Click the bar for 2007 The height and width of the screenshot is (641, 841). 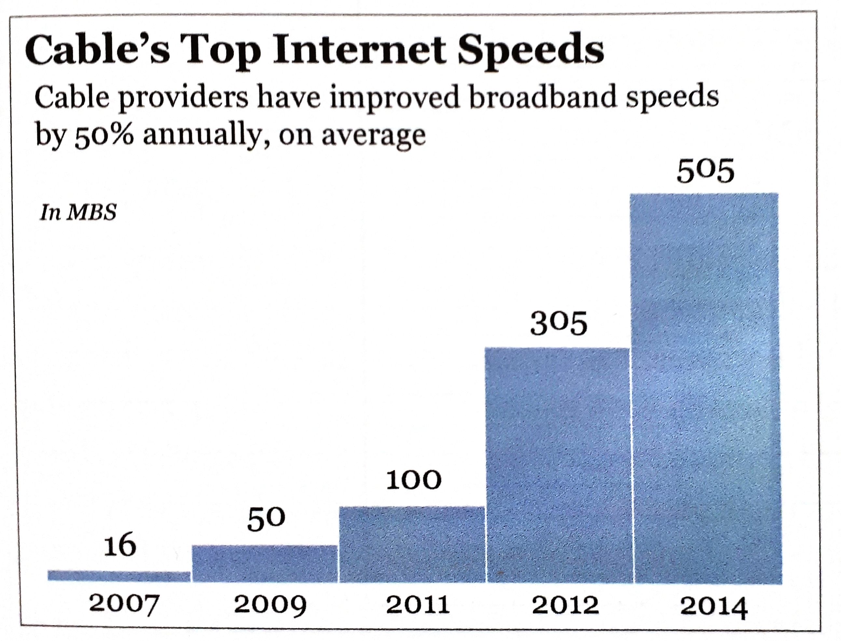(119, 576)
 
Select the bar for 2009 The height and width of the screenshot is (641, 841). (265, 564)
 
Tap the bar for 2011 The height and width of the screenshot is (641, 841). (412, 544)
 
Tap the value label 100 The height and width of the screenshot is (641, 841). (414, 481)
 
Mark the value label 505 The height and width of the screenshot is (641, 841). (706, 172)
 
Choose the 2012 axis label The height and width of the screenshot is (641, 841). (565, 606)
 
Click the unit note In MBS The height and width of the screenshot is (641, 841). (78, 213)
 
